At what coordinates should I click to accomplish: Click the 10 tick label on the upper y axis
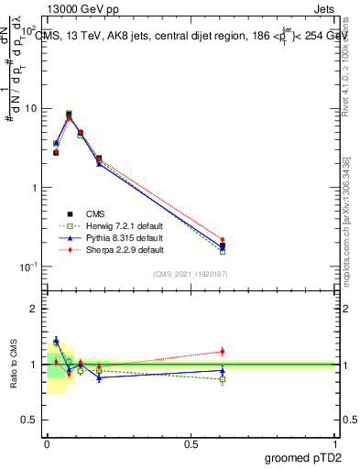tap(30, 108)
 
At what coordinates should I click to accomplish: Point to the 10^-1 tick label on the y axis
tap(27, 267)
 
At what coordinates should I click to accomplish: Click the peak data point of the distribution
tap(69, 115)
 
